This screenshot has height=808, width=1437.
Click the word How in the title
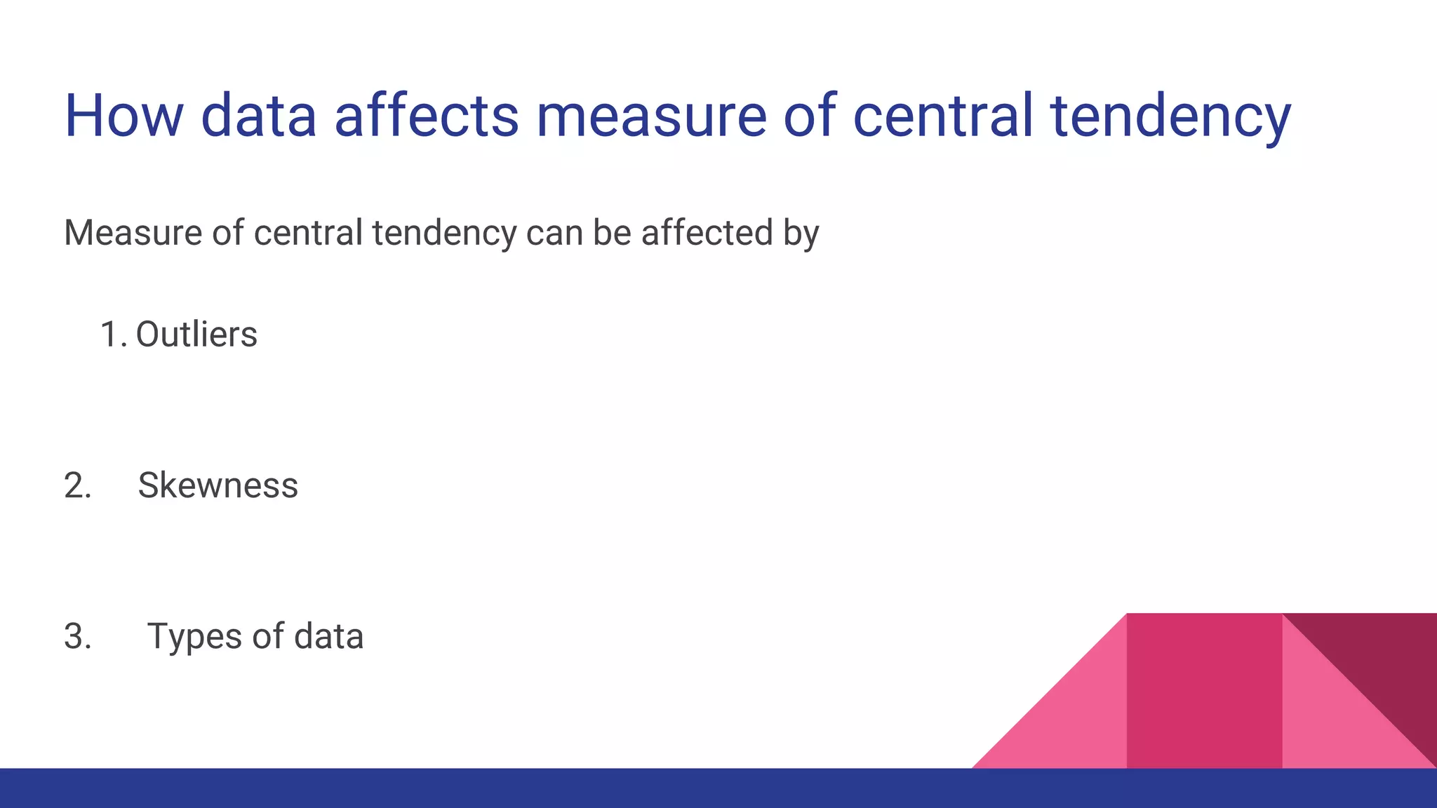coord(123,116)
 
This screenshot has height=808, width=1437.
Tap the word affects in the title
coord(426,116)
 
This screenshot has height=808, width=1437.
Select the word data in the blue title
coord(259,116)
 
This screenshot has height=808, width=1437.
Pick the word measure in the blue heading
coord(651,117)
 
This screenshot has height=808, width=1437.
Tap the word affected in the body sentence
coord(707,233)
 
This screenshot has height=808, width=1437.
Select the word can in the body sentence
coord(554,234)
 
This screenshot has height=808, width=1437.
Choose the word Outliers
coord(196,335)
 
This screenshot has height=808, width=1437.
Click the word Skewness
coord(218,485)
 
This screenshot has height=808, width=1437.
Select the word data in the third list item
coord(328,636)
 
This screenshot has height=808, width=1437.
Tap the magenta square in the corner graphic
coord(1204,691)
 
